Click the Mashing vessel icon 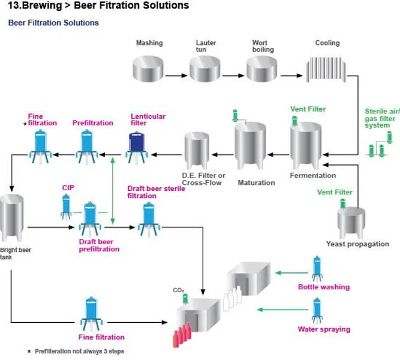[148, 69]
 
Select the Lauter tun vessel [206, 69]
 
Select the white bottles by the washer [231, 300]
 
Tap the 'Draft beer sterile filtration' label [156, 192]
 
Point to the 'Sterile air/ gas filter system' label [382, 118]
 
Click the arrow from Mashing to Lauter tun [177, 76]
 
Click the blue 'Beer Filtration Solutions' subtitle [53, 23]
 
